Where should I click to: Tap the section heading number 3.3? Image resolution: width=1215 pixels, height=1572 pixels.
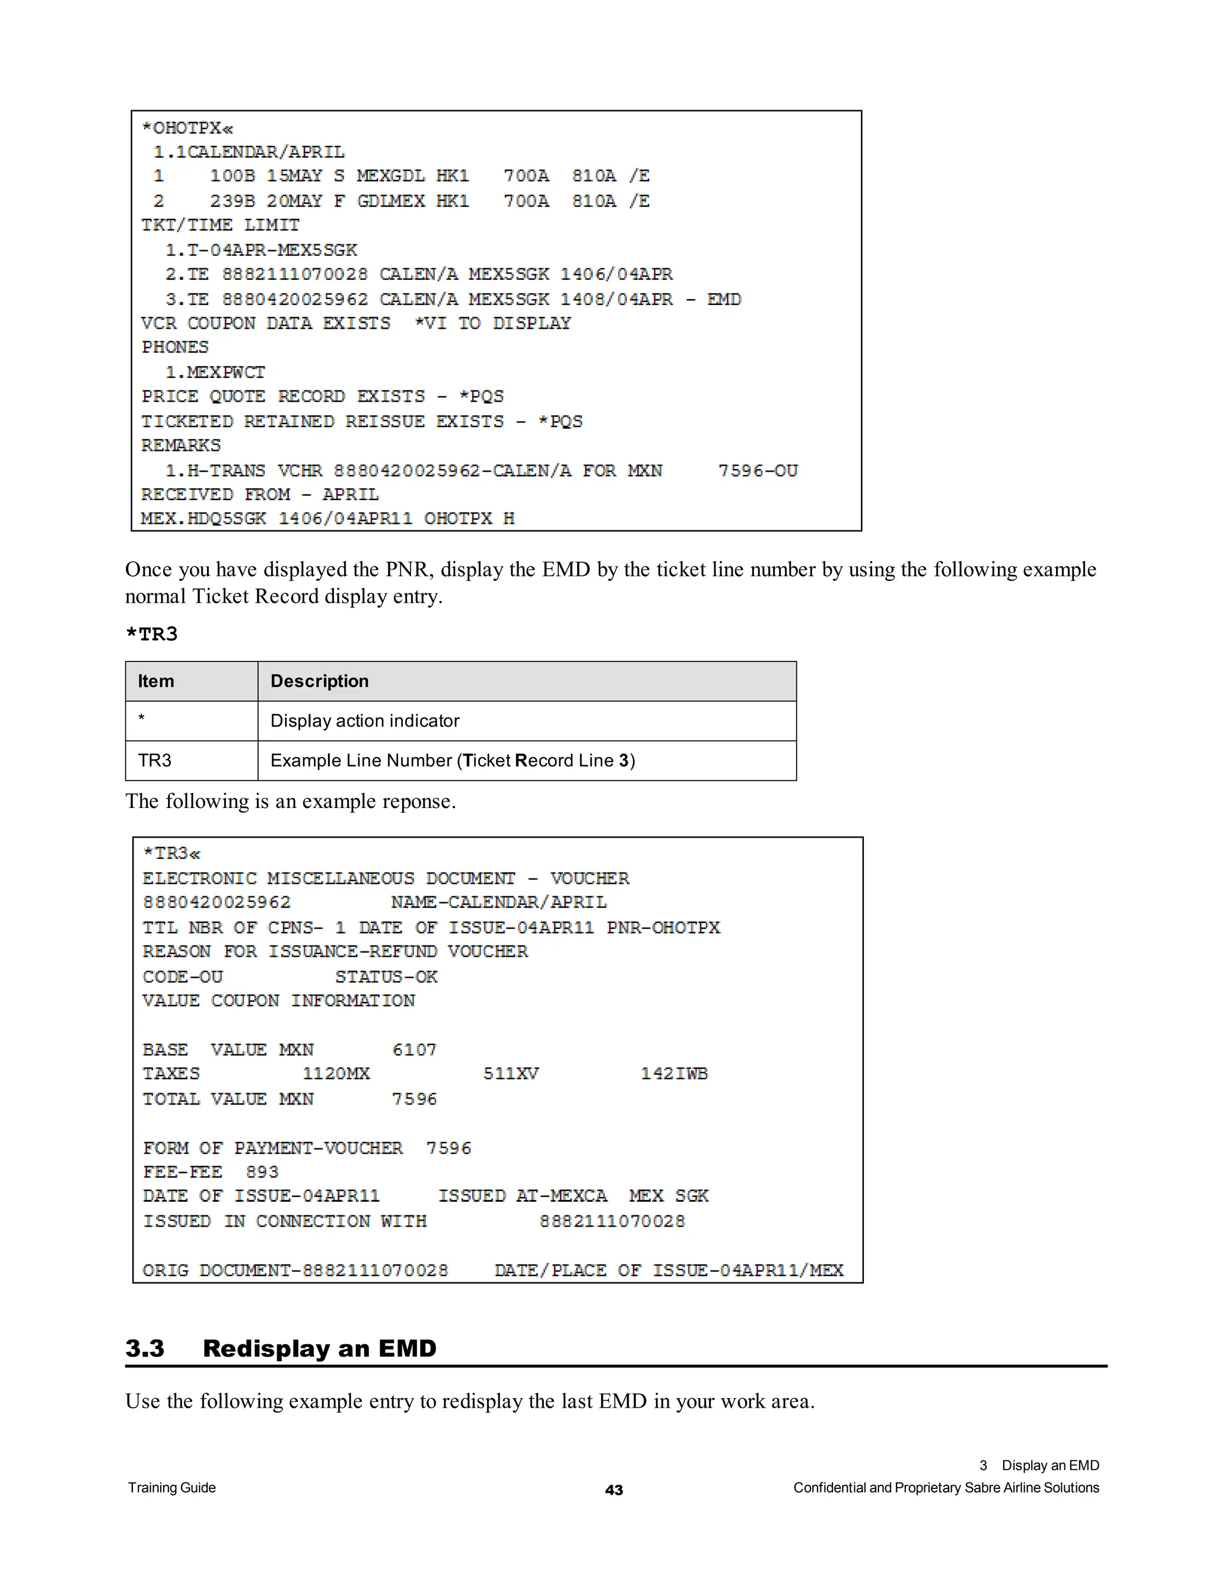(145, 1348)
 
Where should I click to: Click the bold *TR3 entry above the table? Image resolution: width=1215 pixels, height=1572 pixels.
(151, 634)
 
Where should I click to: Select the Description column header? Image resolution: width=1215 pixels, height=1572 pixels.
(320, 681)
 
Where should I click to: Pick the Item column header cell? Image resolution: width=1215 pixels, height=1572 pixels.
(156, 681)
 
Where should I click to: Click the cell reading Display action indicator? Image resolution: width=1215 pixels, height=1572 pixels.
(364, 721)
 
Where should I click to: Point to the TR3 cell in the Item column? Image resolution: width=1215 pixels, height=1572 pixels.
(155, 761)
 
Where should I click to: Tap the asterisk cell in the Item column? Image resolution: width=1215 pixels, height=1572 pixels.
(142, 719)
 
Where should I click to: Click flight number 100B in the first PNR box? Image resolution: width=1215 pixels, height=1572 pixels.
(232, 176)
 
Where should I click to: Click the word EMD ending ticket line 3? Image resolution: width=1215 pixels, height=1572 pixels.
(723, 299)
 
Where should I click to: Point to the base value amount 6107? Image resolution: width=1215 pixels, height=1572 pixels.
(414, 1049)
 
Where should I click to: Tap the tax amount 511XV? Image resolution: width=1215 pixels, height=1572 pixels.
(510, 1074)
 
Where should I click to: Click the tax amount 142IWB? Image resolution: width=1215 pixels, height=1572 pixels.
(674, 1074)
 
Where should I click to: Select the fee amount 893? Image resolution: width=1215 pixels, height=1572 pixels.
(262, 1172)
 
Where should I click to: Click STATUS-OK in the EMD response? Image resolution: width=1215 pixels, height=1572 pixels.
(386, 977)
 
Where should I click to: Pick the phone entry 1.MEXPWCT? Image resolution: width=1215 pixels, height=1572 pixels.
(215, 372)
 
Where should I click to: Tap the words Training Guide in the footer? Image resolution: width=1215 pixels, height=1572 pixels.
(172, 1488)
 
